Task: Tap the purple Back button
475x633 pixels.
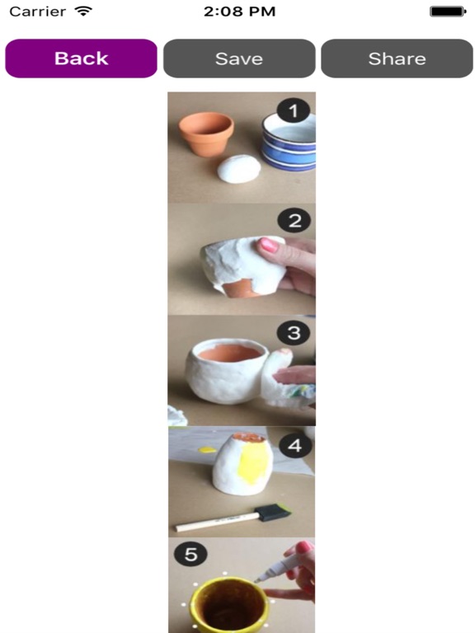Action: coord(81,59)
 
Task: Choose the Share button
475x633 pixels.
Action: coord(397,59)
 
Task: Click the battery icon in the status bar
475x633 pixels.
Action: coord(448,12)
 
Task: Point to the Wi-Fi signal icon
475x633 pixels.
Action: coord(83,11)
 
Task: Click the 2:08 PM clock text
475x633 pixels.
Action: coord(239,12)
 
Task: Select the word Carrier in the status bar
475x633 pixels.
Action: coord(38,12)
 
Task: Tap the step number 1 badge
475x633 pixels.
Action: coord(294,110)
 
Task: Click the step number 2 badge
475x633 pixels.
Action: coord(294,220)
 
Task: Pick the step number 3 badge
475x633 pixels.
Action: coord(294,333)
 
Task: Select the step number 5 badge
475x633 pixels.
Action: coord(190,554)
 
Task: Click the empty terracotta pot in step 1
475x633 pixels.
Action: coord(206,134)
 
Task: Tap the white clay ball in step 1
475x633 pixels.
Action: coord(239,169)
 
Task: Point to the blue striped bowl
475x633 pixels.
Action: coord(289,141)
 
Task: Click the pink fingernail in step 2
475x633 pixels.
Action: coord(269,244)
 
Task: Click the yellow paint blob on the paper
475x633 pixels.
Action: coord(208,449)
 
